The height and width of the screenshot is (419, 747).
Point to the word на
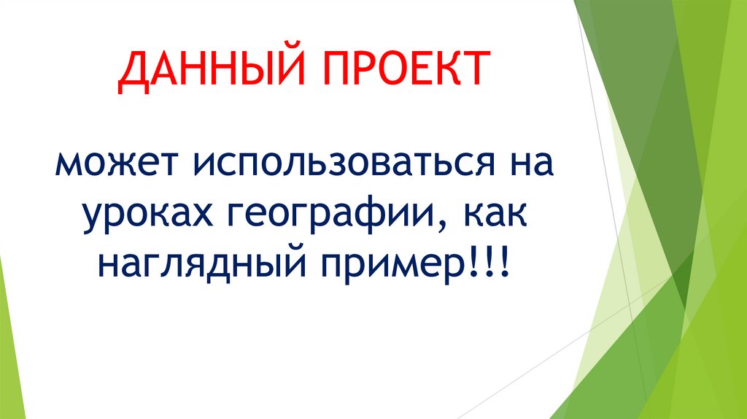[527, 164]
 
